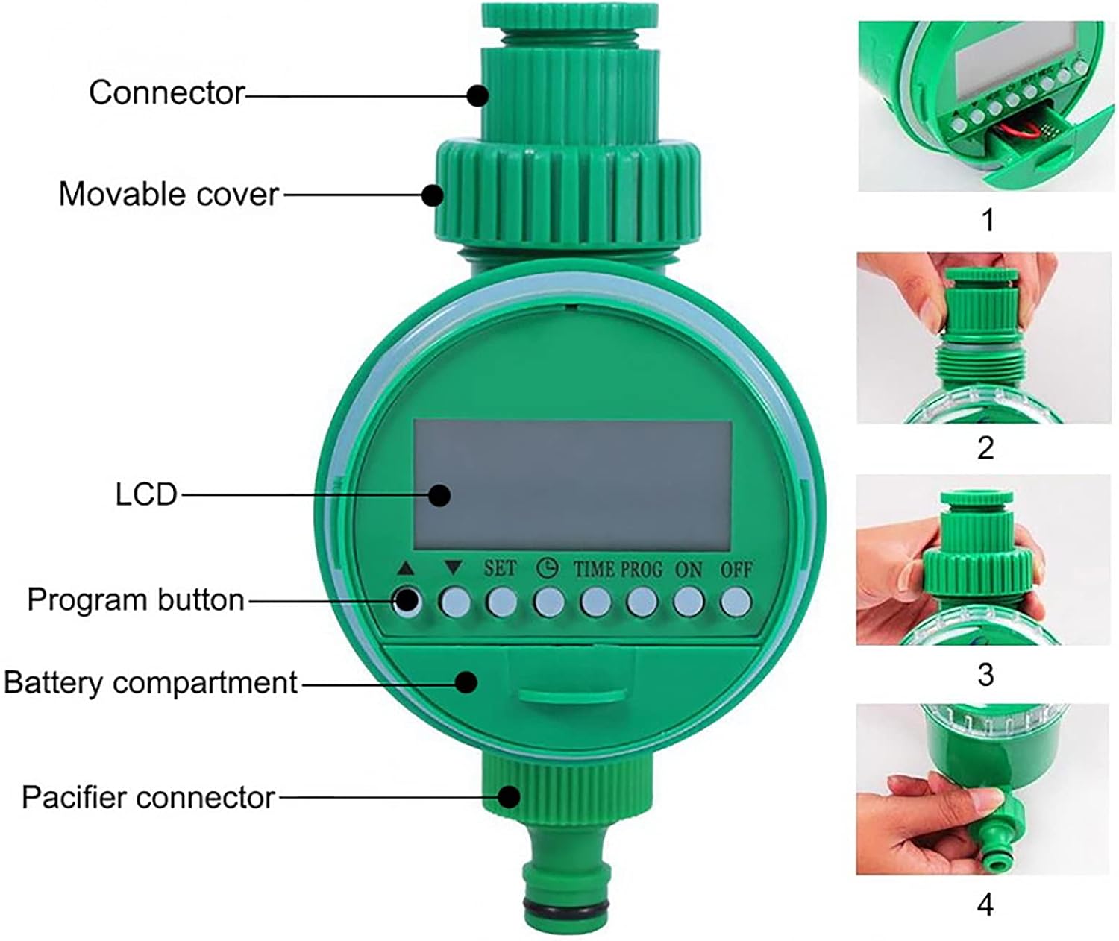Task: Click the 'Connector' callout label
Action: (x=166, y=92)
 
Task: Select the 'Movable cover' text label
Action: (x=169, y=194)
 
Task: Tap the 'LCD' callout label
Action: (x=145, y=494)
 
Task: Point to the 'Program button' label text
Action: (x=136, y=599)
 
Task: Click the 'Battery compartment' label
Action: (x=151, y=683)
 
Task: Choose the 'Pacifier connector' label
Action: (x=148, y=798)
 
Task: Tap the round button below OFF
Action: (x=736, y=602)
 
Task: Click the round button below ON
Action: (x=689, y=602)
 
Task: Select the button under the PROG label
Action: (x=642, y=602)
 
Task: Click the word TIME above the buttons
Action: (x=595, y=570)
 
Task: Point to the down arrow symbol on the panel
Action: (x=454, y=567)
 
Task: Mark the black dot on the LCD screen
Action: (x=439, y=495)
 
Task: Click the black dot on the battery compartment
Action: (x=466, y=682)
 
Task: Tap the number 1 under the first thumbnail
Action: (x=988, y=220)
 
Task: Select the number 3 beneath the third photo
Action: (x=985, y=675)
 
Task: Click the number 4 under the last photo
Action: (x=985, y=904)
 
